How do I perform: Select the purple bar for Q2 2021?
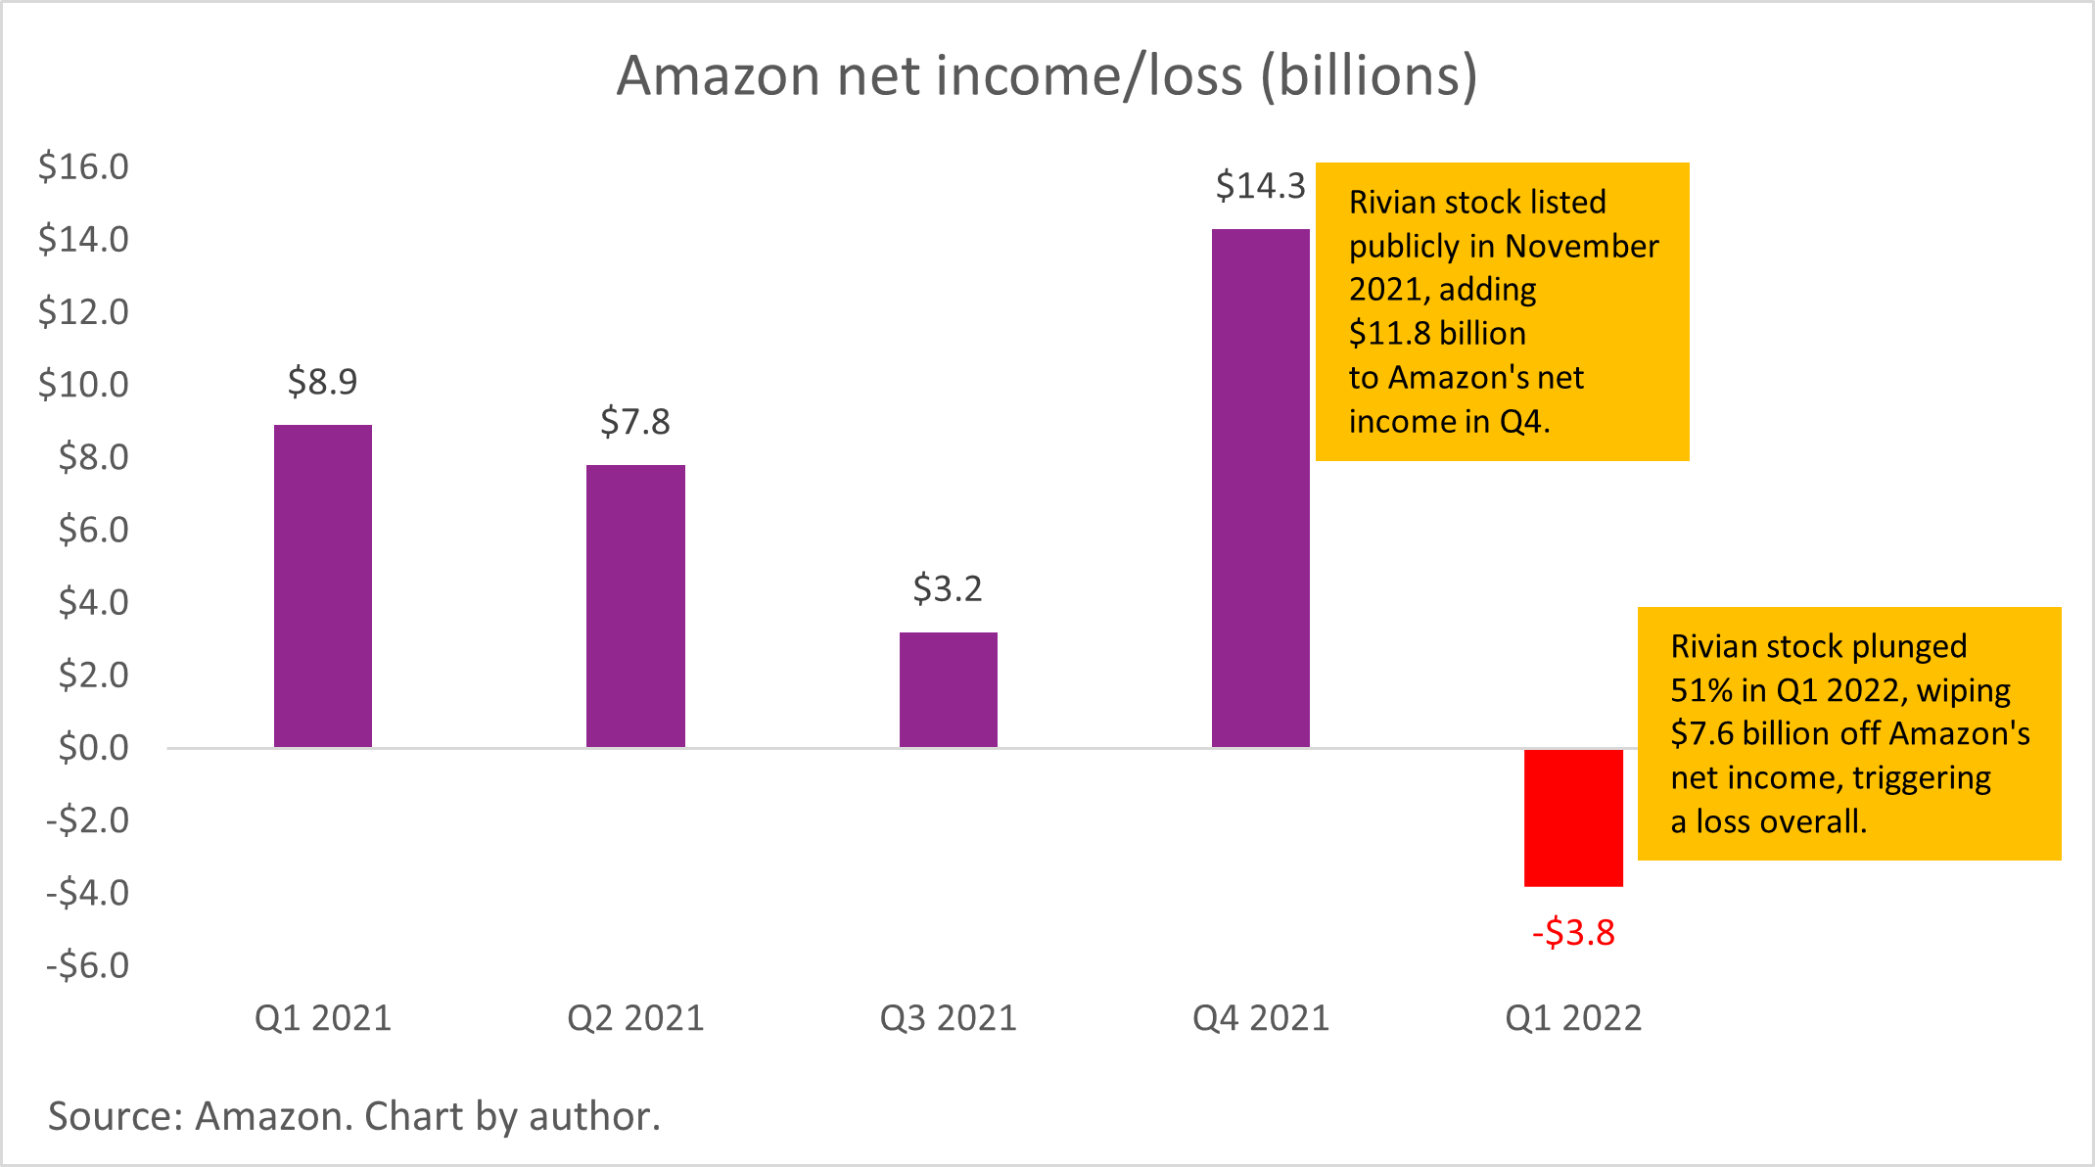pos(635,606)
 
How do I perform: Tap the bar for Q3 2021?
pos(948,689)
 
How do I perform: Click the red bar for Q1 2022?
pos(1573,817)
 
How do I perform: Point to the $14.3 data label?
pos(1260,185)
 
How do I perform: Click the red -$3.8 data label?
pos(1573,932)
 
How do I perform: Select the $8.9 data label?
pos(323,381)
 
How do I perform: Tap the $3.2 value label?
pos(948,588)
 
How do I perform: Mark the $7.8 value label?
pos(635,422)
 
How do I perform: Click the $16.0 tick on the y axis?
pos(83,167)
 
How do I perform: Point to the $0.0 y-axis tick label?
pos(93,748)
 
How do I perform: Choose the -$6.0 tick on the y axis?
pos(87,965)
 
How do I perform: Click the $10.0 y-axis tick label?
pos(83,385)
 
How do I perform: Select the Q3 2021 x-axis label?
pos(948,1018)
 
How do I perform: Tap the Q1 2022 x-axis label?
pos(1573,1018)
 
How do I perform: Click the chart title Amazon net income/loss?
pos(1047,75)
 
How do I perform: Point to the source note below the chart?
pos(354,1116)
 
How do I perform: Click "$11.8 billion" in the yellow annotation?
pos(1437,334)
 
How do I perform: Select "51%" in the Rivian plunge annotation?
pos(1701,690)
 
